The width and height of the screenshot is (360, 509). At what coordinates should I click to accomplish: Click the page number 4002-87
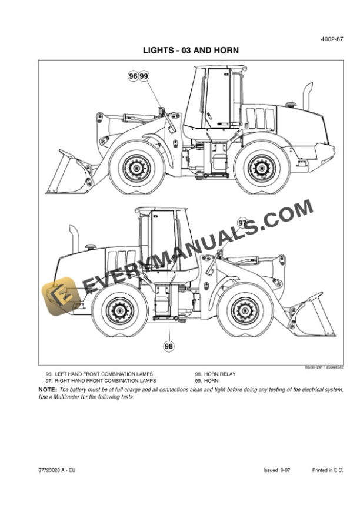coord(332,40)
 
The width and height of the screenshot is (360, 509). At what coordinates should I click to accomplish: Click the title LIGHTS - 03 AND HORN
coord(191,51)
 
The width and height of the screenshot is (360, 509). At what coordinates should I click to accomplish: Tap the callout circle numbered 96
coord(134,76)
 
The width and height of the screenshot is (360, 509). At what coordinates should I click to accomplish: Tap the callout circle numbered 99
coord(144,76)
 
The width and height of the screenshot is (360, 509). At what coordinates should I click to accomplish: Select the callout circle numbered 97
coord(243,223)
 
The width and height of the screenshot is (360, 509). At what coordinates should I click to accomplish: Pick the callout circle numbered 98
coord(169,346)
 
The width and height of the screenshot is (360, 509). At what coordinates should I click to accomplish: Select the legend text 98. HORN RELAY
coord(216,374)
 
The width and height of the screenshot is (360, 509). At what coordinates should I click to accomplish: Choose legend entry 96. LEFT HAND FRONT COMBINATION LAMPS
coord(99,374)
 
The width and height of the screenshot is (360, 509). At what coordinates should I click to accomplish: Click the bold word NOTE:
coord(48,390)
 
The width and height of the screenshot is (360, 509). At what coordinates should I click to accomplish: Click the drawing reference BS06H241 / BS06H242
coord(324,367)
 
